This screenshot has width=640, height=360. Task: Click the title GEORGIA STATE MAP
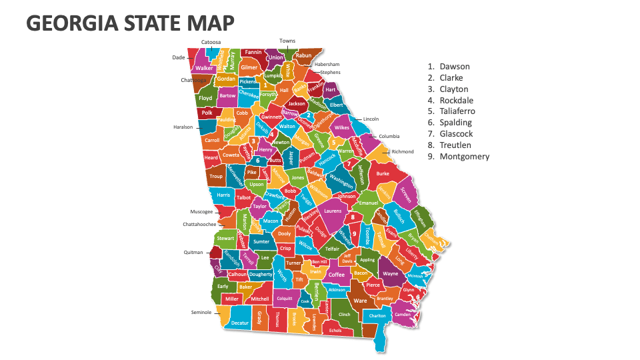130,23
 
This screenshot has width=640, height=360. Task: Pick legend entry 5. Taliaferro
453,111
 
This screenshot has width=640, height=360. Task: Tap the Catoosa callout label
211,42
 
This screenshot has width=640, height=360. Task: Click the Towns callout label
287,41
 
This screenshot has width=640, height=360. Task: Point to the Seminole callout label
201,312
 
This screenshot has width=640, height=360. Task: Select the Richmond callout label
403,151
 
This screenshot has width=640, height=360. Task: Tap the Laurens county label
332,211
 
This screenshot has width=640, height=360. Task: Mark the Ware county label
360,301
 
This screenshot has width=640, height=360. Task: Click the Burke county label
383,173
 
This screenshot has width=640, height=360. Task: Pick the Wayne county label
390,273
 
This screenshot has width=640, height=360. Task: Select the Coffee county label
337,275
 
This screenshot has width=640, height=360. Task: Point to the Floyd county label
205,98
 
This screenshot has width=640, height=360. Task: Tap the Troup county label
216,177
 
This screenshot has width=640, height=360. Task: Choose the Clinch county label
344,314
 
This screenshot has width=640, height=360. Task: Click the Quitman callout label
193,253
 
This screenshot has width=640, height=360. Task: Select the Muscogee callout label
201,211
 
